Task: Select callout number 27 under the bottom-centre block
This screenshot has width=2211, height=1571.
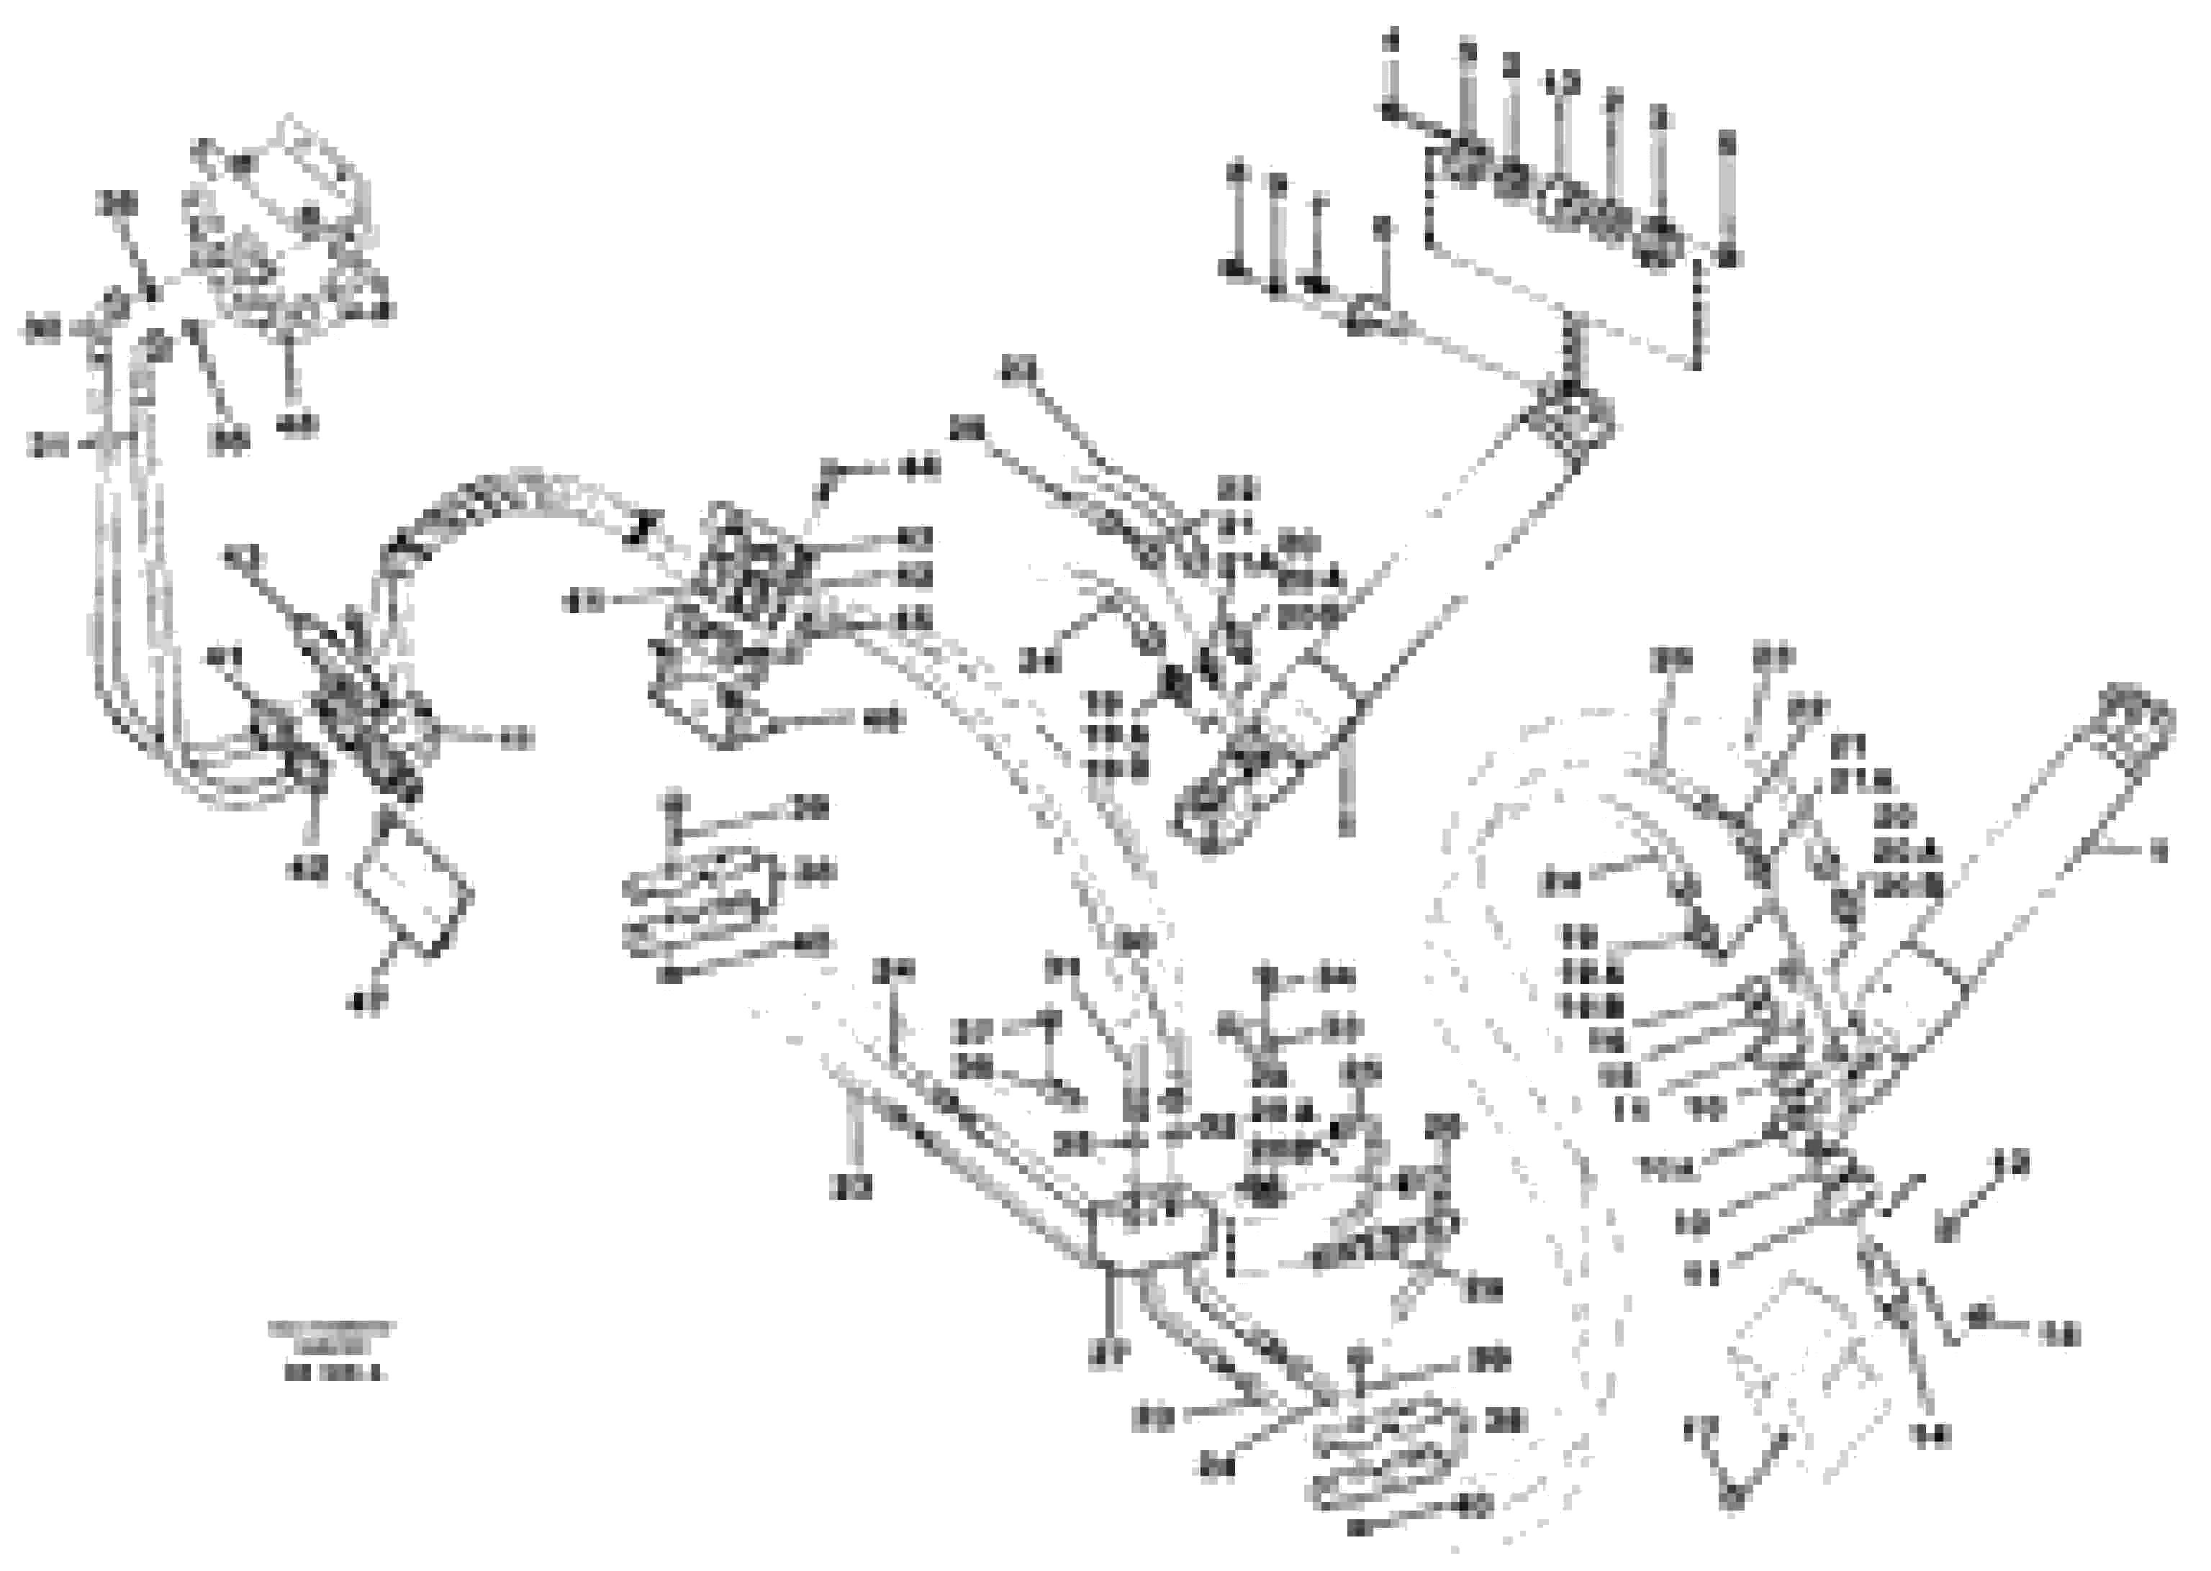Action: click(x=1106, y=1357)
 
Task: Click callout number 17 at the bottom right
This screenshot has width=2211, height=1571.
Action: click(x=1701, y=1430)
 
